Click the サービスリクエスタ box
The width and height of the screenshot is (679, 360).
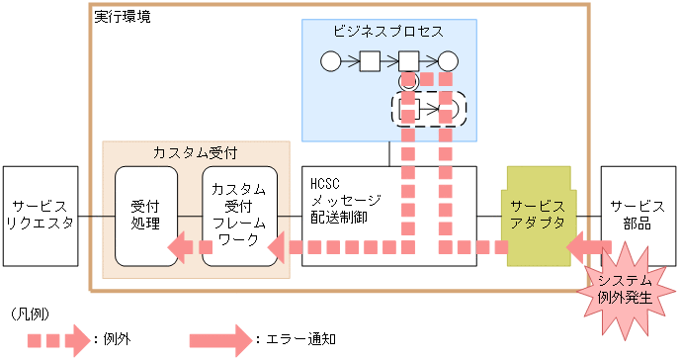41,215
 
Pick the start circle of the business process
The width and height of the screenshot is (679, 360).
331,61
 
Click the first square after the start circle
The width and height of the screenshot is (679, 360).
370,61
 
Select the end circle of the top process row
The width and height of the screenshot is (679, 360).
448,61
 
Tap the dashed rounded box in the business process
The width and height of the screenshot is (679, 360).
430,108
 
